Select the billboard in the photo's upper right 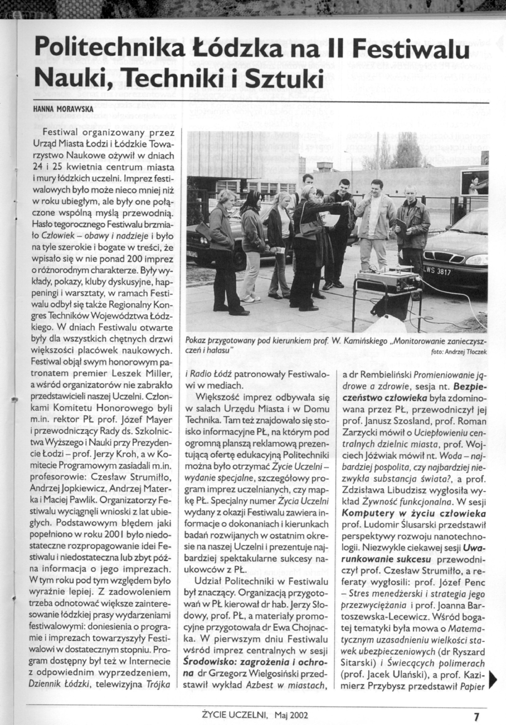[x=473, y=183]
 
